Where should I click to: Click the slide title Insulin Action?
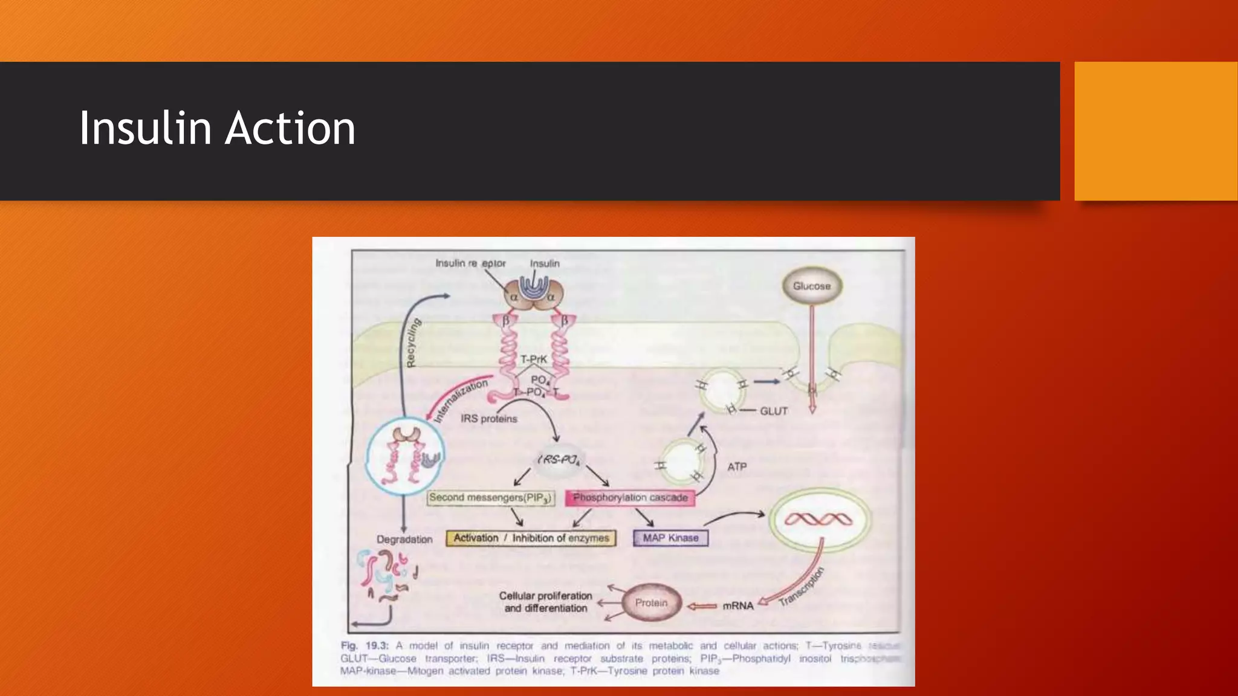(x=217, y=128)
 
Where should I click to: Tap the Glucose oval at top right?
(x=811, y=286)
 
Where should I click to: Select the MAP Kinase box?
(x=670, y=538)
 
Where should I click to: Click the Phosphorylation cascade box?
(x=630, y=498)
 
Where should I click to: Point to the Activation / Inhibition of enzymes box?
(x=531, y=538)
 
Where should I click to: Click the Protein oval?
(x=651, y=603)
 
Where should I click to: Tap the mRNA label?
(x=738, y=605)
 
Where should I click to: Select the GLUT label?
(x=773, y=411)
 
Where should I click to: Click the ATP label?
(x=737, y=467)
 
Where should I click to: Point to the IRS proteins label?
(x=488, y=419)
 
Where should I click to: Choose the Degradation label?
(x=404, y=540)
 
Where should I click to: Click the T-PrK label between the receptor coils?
(x=534, y=359)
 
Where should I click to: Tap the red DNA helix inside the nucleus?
(x=818, y=519)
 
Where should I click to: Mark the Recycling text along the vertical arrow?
(x=413, y=343)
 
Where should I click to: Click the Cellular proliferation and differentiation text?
(x=545, y=602)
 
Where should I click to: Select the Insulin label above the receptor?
(x=545, y=263)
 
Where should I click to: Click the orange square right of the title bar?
(x=1155, y=131)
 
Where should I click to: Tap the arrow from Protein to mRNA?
(x=702, y=606)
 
